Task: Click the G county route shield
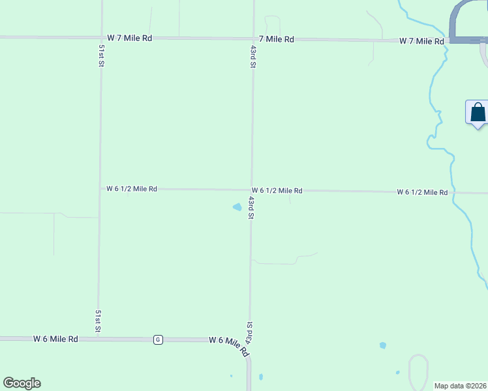pos(158,340)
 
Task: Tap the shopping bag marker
pos(478,112)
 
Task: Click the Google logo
pos(22,383)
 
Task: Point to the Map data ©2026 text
pos(460,386)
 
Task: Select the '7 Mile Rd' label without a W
pos(276,39)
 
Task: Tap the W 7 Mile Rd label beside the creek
pos(421,41)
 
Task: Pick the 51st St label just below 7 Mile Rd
pos(102,56)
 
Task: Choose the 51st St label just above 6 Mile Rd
pos(98,321)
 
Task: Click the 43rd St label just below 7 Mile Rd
pos(252,57)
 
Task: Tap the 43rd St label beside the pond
pos(251,207)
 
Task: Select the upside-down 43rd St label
pos(249,334)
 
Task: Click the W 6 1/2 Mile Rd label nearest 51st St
pos(132,189)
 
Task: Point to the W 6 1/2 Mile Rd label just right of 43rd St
pos(277,191)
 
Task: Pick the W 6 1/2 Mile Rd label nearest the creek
pos(422,192)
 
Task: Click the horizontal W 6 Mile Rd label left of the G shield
pos(56,339)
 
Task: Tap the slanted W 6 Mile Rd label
pos(229,345)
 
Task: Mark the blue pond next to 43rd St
pos(237,207)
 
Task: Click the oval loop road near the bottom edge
pos(418,369)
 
